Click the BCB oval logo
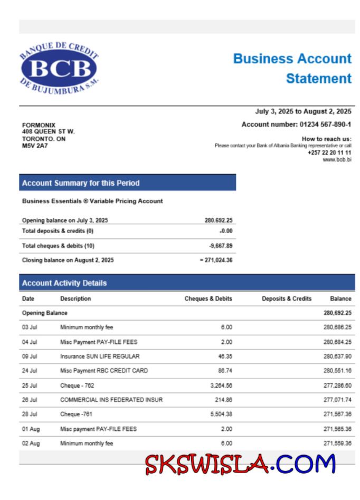coord(59,69)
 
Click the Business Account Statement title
coord(292,68)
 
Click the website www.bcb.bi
coord(337,159)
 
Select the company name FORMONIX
coord(39,125)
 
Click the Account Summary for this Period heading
coord(81,183)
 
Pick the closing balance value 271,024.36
coord(219,260)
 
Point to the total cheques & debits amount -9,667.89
coord(221,246)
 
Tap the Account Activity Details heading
coord(64,283)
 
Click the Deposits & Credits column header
coord(287,299)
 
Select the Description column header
coord(75,299)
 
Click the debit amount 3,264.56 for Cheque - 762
coord(221,386)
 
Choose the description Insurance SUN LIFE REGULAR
coord(100,357)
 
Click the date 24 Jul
coord(30,371)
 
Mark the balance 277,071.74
coord(337,400)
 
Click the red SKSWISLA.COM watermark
coord(240,464)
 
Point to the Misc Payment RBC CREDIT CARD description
coord(104,371)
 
